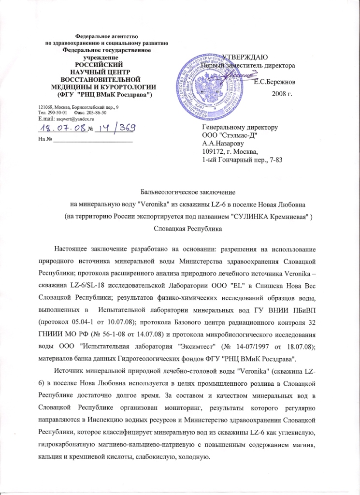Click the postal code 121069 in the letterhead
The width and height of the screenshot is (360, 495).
[45, 106]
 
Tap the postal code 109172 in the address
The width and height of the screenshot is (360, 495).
[213, 152]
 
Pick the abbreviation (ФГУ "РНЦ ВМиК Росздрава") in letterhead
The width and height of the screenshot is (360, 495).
[105, 93]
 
